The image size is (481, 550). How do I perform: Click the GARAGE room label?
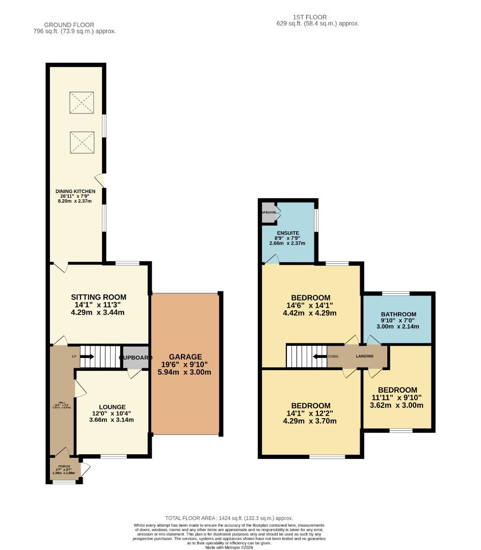tap(185, 357)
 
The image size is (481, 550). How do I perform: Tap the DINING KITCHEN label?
tap(75, 191)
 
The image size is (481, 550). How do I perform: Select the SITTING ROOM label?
tap(98, 297)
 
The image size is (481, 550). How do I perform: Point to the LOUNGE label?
tap(113, 407)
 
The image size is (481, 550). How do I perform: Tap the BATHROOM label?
tap(397, 314)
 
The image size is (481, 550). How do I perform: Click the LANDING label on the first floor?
tap(365, 356)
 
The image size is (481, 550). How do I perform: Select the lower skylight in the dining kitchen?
tap(82, 142)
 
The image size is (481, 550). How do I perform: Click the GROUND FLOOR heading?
tap(69, 24)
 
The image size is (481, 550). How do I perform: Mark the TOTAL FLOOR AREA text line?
tap(229, 518)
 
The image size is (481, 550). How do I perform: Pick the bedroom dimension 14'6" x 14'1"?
tap(310, 306)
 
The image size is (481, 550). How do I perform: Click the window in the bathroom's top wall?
tap(395, 293)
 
